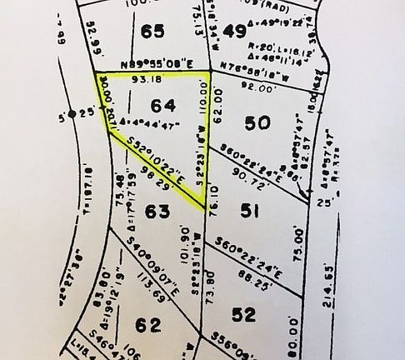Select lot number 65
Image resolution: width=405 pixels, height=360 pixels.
point(152,32)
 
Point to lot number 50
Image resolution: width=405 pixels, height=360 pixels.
point(259,122)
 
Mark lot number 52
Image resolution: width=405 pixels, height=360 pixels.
point(244,314)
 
